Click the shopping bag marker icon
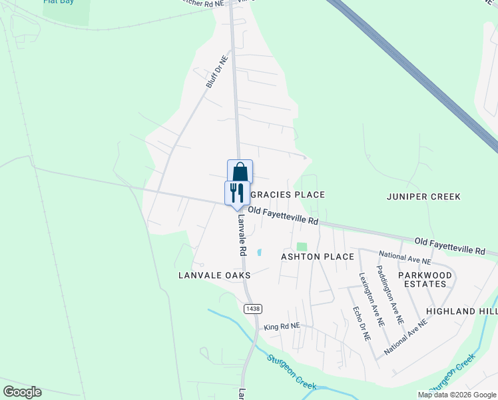[240, 171]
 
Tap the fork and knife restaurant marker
[237, 193]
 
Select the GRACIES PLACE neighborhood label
[288, 195]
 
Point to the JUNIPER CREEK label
[424, 196]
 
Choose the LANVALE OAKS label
[214, 275]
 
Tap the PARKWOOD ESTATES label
[425, 279]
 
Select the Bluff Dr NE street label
[217, 72]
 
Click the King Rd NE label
[282, 327]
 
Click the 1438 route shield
[253, 308]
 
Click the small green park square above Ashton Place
[302, 247]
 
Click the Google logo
[22, 392]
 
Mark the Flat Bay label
[58, 2]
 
